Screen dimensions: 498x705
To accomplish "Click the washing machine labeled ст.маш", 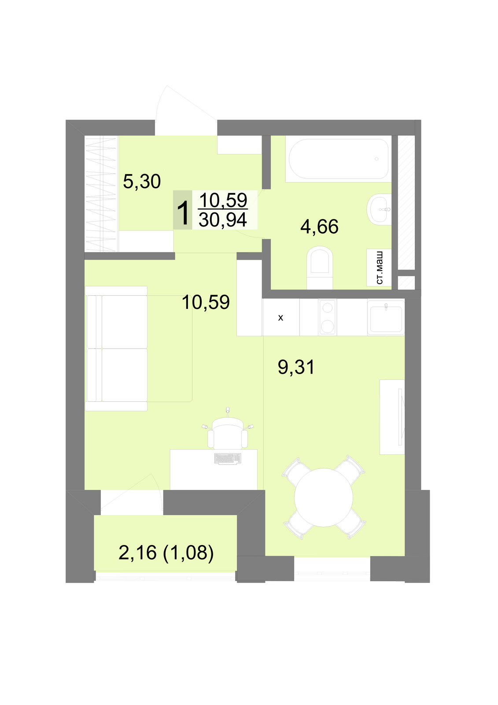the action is [379, 267].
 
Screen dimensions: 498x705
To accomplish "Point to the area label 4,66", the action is [319, 226].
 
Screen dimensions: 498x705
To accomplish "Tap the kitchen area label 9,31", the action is [296, 367].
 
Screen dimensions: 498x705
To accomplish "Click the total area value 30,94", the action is [223, 220].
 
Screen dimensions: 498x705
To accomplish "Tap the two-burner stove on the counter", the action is [328, 317].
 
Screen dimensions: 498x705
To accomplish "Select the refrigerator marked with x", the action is [281, 317].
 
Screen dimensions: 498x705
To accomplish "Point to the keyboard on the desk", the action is [228, 459].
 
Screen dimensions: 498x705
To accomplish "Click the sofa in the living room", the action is [116, 349].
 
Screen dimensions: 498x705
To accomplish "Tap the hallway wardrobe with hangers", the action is [101, 193].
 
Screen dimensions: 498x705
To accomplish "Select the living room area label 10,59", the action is [206, 302].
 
